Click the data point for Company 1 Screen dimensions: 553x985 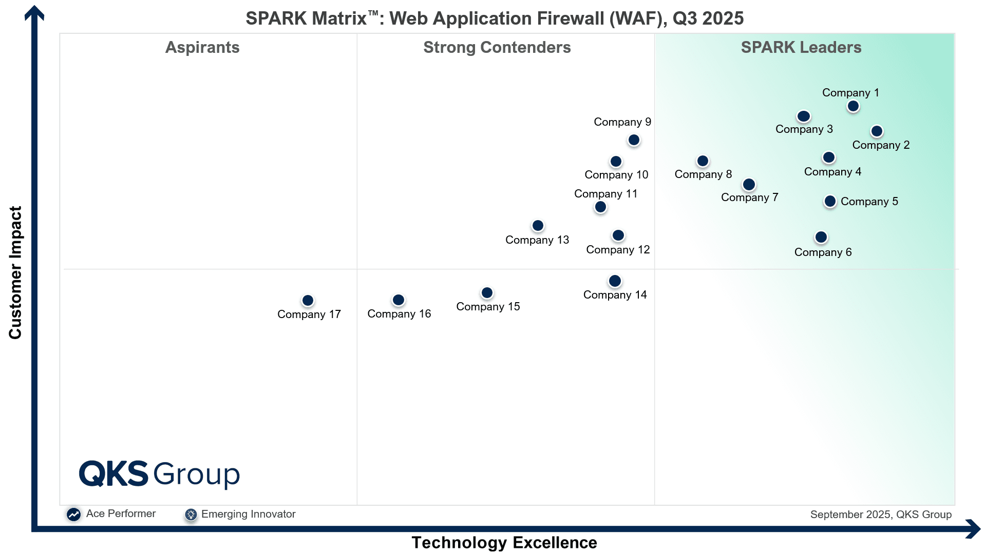pos(853,106)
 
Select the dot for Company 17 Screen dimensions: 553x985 pos(308,301)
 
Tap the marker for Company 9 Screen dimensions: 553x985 pos(634,140)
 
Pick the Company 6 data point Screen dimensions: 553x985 pos(821,238)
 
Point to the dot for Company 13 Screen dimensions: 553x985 pos(538,226)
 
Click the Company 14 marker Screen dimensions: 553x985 pos(615,281)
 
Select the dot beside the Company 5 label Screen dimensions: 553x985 pos(829,202)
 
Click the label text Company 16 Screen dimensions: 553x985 pos(399,314)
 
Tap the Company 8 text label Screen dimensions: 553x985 pos(703,174)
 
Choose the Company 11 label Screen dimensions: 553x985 pos(605,194)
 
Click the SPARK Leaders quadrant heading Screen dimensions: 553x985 pos(801,48)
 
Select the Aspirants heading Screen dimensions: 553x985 pos(202,48)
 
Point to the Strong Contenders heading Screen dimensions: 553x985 pos(497,48)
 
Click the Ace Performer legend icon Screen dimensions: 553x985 pos(73,515)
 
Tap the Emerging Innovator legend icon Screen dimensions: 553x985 pos(191,515)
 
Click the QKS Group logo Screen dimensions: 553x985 pos(159,473)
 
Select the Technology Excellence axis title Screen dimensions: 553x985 pos(504,543)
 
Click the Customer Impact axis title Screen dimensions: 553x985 pos(15,272)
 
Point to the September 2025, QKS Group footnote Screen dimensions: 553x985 pos(880,515)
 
